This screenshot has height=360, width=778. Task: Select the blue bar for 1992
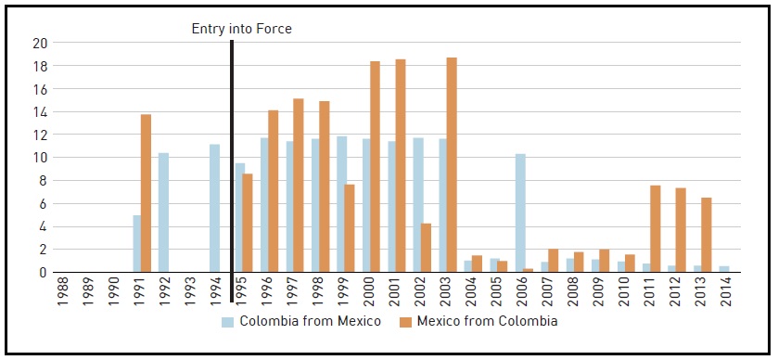pos(163,212)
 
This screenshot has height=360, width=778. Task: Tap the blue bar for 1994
pos(214,208)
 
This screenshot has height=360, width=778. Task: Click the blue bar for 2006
pos(520,212)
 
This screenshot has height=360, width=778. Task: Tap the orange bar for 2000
pos(375,167)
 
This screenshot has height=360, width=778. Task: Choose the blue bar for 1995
pos(240,218)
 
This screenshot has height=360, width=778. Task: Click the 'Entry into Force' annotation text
pos(241,29)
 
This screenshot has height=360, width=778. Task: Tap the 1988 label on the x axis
pos(61,290)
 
